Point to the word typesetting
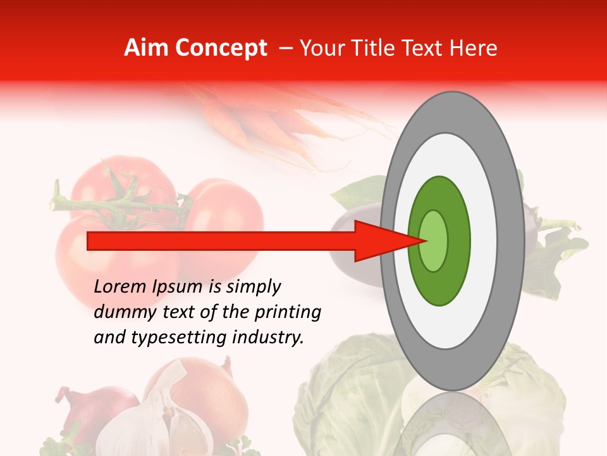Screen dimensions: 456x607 pos(193,338)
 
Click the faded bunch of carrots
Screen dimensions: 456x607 pos(266,120)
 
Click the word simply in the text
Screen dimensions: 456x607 pos(252,288)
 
